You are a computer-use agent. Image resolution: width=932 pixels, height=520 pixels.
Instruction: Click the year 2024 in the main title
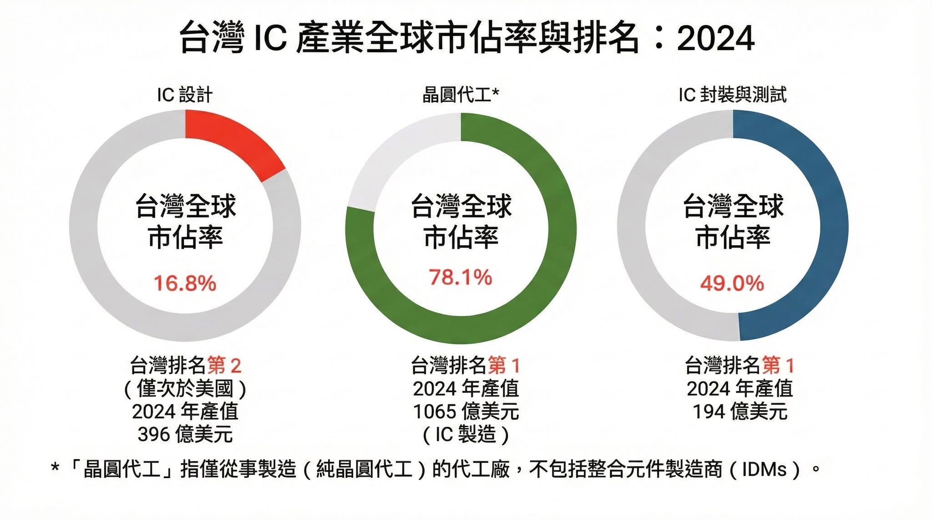715,38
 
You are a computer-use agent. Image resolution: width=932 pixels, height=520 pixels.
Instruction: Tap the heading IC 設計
185,95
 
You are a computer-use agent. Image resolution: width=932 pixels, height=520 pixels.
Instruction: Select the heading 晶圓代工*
461,95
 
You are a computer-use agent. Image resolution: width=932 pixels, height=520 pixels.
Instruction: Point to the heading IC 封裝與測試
732,95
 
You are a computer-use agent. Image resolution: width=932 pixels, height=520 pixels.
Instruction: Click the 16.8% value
185,283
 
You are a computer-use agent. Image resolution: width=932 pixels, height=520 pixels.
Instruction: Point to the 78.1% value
461,277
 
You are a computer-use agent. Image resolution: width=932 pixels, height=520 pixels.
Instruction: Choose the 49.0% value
732,283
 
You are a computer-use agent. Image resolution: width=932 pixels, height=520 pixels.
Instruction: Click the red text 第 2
224,365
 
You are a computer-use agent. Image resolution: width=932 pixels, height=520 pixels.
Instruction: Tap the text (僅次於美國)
185,389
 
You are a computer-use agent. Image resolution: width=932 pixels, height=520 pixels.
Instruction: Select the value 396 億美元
185,434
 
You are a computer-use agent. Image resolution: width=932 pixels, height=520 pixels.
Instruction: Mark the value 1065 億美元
466,411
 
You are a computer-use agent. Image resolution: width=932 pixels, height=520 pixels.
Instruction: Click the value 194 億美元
740,411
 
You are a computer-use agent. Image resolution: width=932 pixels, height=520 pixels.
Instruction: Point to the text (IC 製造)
466,434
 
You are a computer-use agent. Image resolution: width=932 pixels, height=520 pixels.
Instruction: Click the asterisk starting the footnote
55,468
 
